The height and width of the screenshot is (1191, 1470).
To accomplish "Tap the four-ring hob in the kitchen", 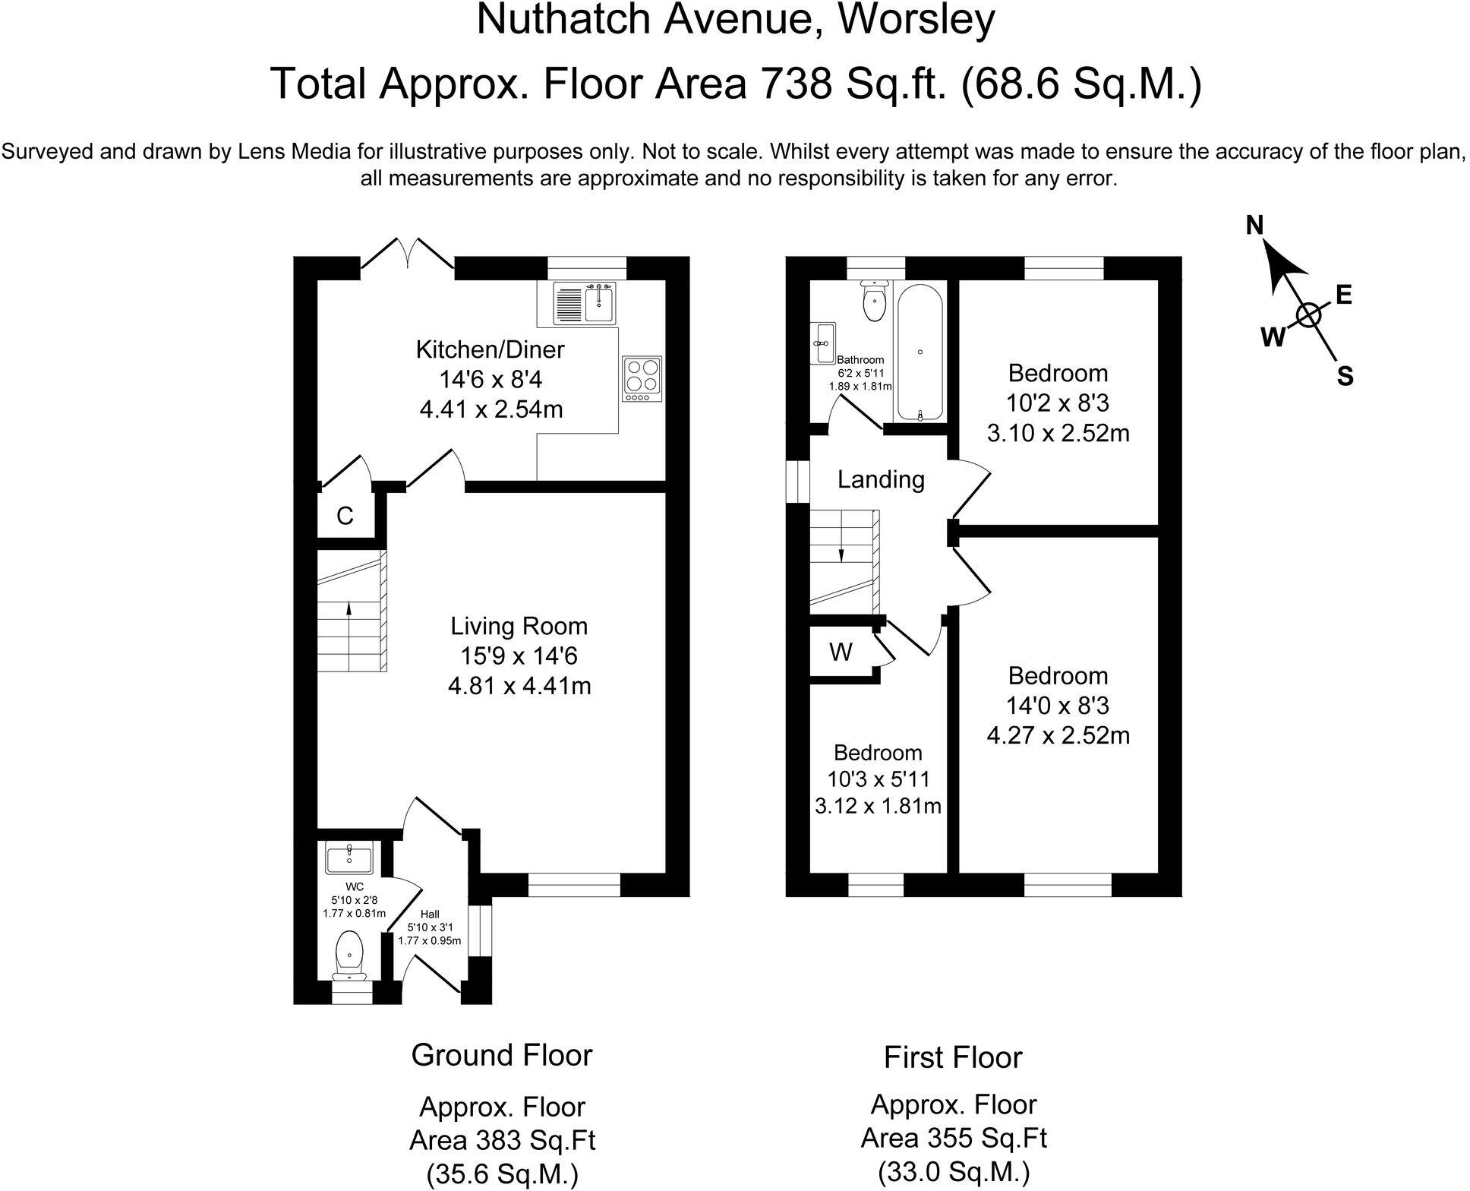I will pos(642,378).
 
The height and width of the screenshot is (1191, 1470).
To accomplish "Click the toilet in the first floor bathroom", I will pos(875,302).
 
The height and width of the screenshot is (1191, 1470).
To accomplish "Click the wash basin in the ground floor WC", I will pos(349,859).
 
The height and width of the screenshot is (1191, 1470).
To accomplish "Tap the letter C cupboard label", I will pos(345,517).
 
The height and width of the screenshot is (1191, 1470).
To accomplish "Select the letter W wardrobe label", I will pos(841,652).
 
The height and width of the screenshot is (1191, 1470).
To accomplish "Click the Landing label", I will pos(881,479).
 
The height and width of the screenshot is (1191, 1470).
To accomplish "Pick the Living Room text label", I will pos(519,626).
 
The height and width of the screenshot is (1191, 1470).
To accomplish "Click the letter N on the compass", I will pos(1255,225).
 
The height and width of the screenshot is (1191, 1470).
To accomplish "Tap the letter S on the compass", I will pos(1345,377).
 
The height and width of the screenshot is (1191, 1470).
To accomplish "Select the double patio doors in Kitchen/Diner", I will pos(408,253).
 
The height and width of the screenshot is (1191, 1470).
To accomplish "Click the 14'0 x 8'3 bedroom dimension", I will pos(1058,706).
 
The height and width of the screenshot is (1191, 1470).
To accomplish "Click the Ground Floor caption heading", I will pos(502,1054).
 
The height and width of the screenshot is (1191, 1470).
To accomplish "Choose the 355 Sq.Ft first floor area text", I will pos(954,1138).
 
